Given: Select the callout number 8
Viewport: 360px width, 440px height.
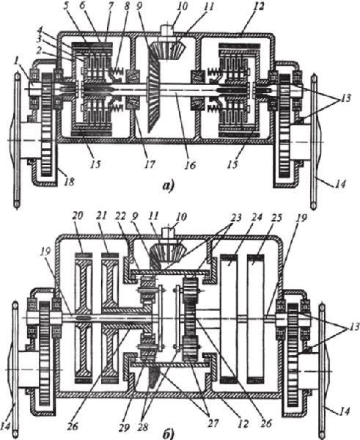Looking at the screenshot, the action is click(127, 7).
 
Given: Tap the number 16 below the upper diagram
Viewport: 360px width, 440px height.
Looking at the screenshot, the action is click(190, 164).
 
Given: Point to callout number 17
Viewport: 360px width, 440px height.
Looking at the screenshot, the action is click(150, 164).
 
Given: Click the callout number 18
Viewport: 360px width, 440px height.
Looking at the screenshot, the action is click(70, 182).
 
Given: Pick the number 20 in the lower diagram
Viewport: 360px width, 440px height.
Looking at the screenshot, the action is click(79, 218).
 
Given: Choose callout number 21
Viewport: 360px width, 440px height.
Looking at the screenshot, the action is click(107, 217).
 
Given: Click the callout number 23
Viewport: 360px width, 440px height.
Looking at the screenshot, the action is click(235, 218).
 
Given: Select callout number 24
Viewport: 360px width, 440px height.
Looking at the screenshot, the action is click(257, 218).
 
